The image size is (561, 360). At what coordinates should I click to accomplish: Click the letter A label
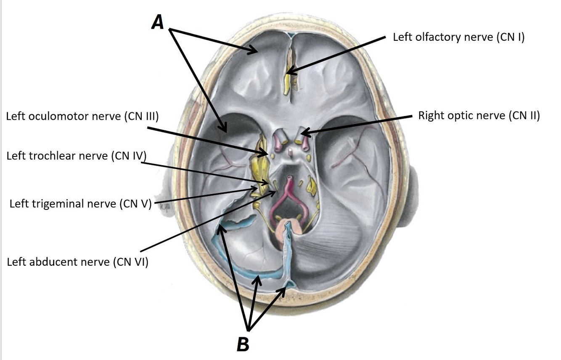[x=158, y=22]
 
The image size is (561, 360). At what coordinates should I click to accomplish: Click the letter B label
[x=243, y=344]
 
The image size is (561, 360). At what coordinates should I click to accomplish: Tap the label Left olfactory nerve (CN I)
[x=458, y=37]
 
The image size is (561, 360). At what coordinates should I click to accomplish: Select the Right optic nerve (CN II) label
[x=479, y=116]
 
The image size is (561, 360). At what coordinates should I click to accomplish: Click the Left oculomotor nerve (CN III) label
[x=82, y=116]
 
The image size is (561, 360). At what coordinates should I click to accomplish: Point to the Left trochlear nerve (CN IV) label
[x=76, y=156]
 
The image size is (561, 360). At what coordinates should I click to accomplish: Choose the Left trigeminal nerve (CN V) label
[x=80, y=204]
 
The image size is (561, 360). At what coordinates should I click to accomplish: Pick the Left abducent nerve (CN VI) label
[x=78, y=262]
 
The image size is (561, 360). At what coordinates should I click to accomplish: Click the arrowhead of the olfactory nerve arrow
[x=289, y=73]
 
